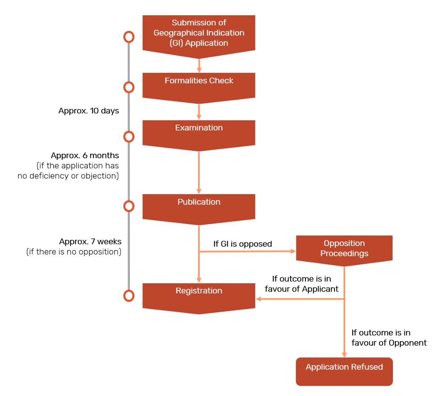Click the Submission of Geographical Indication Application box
click(x=199, y=34)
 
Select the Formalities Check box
click(x=199, y=85)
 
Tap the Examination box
click(x=199, y=132)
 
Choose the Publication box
click(x=199, y=206)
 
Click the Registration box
click(x=199, y=295)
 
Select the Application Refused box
click(x=344, y=371)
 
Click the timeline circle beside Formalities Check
click(x=129, y=87)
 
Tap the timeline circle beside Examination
click(x=129, y=137)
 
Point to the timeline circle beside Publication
click(x=129, y=206)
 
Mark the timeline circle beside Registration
click(x=129, y=296)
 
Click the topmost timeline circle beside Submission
click(x=129, y=37)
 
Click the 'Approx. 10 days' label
click(x=89, y=111)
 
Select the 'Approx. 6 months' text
click(x=85, y=156)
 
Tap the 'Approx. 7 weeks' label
click(x=90, y=241)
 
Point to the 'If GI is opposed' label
click(x=243, y=244)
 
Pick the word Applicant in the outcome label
click(x=320, y=289)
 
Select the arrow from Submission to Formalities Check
click(x=199, y=65)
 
